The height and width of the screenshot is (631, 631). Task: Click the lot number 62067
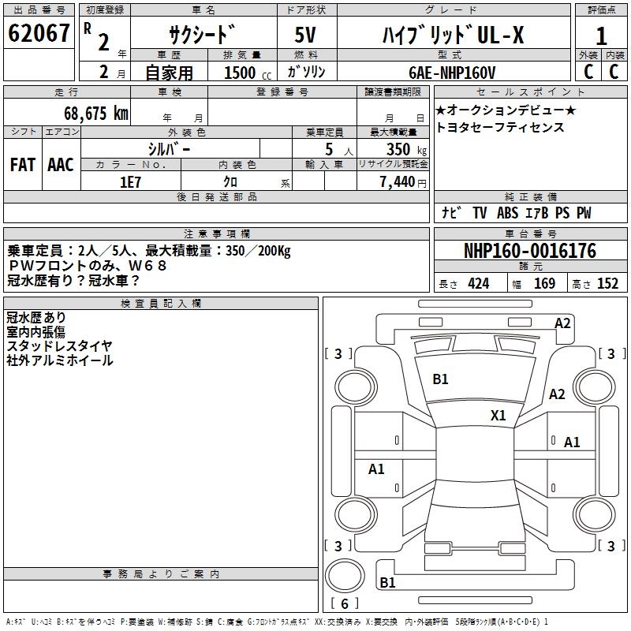point(39,33)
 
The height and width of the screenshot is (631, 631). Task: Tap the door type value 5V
point(305,35)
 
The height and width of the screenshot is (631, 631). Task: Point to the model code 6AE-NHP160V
point(452,73)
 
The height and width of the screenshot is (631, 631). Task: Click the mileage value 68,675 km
point(96,113)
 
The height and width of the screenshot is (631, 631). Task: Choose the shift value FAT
point(23,165)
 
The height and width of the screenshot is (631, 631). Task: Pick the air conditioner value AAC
point(61,165)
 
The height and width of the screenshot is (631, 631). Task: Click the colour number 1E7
point(130,182)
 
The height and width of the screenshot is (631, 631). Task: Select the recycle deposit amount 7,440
point(398,182)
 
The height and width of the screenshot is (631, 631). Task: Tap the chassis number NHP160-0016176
point(530,251)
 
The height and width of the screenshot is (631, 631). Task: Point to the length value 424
point(479,284)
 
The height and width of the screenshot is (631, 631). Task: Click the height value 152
point(607,284)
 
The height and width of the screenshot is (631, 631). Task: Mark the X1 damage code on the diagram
point(498,416)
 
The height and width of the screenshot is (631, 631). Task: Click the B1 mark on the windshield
point(440,379)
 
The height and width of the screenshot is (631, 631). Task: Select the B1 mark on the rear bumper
point(387,582)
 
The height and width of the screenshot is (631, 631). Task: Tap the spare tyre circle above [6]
point(345,576)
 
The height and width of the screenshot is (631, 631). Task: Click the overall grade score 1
point(601,36)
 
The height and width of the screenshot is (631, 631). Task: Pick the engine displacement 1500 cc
point(248,73)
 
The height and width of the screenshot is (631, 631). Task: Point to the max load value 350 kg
point(406,149)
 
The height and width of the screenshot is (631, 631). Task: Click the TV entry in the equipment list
point(480,213)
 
